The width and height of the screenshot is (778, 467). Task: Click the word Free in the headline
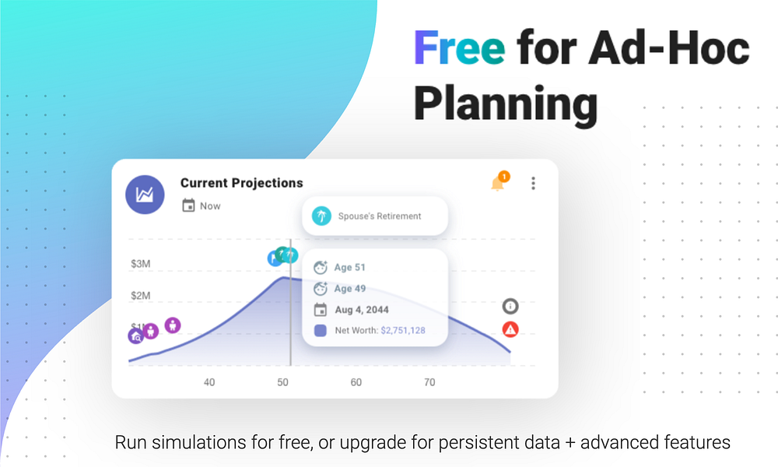(460, 47)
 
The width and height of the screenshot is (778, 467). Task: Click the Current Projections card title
(242, 183)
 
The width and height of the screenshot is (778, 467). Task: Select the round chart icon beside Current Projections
(145, 195)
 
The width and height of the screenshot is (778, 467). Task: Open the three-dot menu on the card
(534, 183)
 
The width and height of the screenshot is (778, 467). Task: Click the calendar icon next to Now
(188, 205)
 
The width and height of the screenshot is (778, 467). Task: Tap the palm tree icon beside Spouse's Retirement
(321, 216)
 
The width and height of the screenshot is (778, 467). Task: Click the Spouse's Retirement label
(380, 216)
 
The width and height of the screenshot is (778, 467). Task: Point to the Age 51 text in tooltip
(350, 268)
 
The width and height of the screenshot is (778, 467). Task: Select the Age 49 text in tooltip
(350, 289)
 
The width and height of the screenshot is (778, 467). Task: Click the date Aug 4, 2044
(362, 310)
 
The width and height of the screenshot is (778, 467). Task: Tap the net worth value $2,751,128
(403, 331)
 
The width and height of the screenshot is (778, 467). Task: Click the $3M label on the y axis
(140, 264)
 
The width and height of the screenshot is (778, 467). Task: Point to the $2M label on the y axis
(140, 296)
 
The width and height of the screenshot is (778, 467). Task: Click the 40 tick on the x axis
(209, 382)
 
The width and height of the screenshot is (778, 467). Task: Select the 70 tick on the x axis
(429, 382)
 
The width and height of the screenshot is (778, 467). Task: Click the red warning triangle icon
(510, 329)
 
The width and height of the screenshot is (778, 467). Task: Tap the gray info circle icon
(510, 306)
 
